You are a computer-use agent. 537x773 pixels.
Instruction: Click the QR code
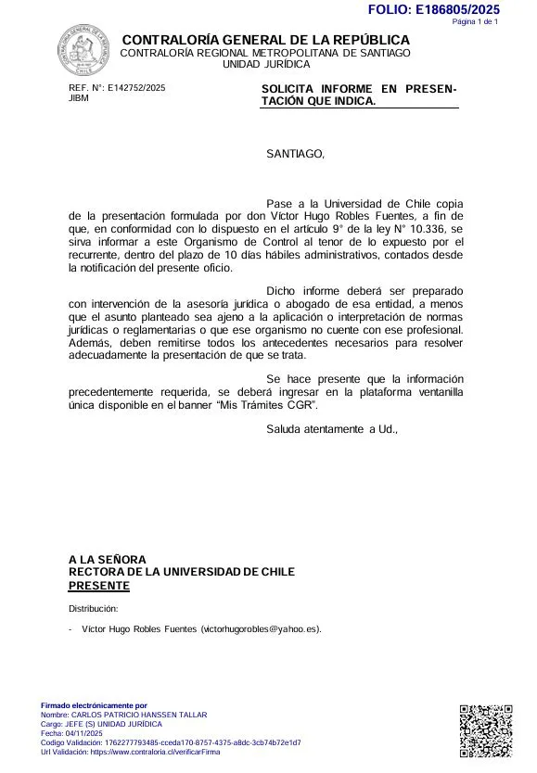pyautogui.click(x=486, y=731)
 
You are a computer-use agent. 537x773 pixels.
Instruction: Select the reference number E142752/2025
pyautogui.click(x=136, y=88)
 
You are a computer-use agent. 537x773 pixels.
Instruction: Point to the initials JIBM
pyautogui.click(x=79, y=98)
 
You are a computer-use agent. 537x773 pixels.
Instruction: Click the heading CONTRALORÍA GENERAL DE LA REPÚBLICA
pyautogui.click(x=265, y=40)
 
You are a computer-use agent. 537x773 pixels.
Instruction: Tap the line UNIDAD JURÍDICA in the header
pyautogui.click(x=266, y=65)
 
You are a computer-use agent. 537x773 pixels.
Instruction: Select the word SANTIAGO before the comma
pyautogui.click(x=294, y=154)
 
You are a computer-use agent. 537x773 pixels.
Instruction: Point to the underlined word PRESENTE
pyautogui.click(x=99, y=586)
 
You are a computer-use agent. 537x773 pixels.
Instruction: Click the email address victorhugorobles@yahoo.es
pyautogui.click(x=260, y=629)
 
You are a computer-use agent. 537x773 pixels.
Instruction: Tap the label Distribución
pyautogui.click(x=94, y=609)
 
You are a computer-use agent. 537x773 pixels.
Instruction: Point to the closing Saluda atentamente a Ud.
pyautogui.click(x=331, y=429)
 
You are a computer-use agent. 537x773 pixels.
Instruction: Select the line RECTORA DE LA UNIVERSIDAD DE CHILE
pyautogui.click(x=182, y=572)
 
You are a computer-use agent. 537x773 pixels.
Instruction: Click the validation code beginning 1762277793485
pyautogui.click(x=195, y=742)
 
